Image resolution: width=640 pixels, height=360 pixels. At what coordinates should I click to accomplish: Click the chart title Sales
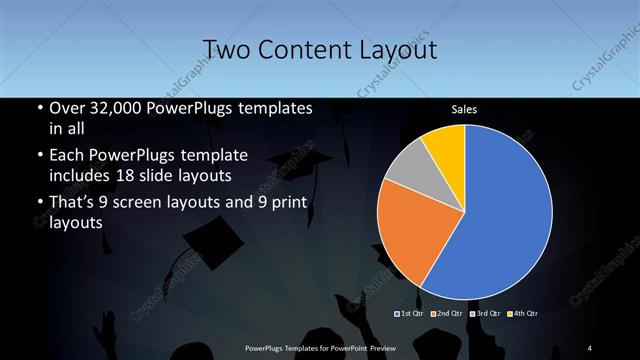[464, 108]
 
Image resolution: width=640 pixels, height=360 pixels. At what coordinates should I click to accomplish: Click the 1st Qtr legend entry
[410, 315]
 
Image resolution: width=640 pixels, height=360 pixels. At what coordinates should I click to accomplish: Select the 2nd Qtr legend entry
[446, 315]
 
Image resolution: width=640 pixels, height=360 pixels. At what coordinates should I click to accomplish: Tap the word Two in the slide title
[222, 49]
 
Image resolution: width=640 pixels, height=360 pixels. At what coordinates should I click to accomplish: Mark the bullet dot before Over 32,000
[39, 109]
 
